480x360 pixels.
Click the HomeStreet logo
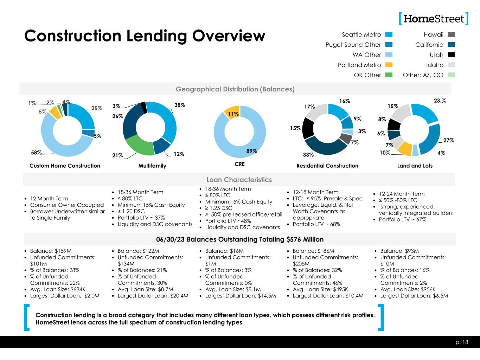click(434, 19)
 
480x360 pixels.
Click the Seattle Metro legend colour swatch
click(389, 34)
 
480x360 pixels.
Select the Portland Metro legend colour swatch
click(389, 65)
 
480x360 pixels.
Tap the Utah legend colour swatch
click(451, 55)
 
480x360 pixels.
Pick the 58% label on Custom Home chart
click(36, 153)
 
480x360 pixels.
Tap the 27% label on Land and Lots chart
click(448, 140)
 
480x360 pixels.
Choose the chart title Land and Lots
click(415, 166)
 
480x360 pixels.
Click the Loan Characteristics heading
click(239, 180)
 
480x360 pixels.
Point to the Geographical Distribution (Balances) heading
click(235, 89)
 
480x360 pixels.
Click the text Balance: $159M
click(51, 251)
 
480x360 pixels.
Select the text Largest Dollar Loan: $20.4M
click(153, 296)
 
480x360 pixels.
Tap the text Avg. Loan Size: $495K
click(320, 289)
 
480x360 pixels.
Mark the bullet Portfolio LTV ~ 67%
click(402, 219)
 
